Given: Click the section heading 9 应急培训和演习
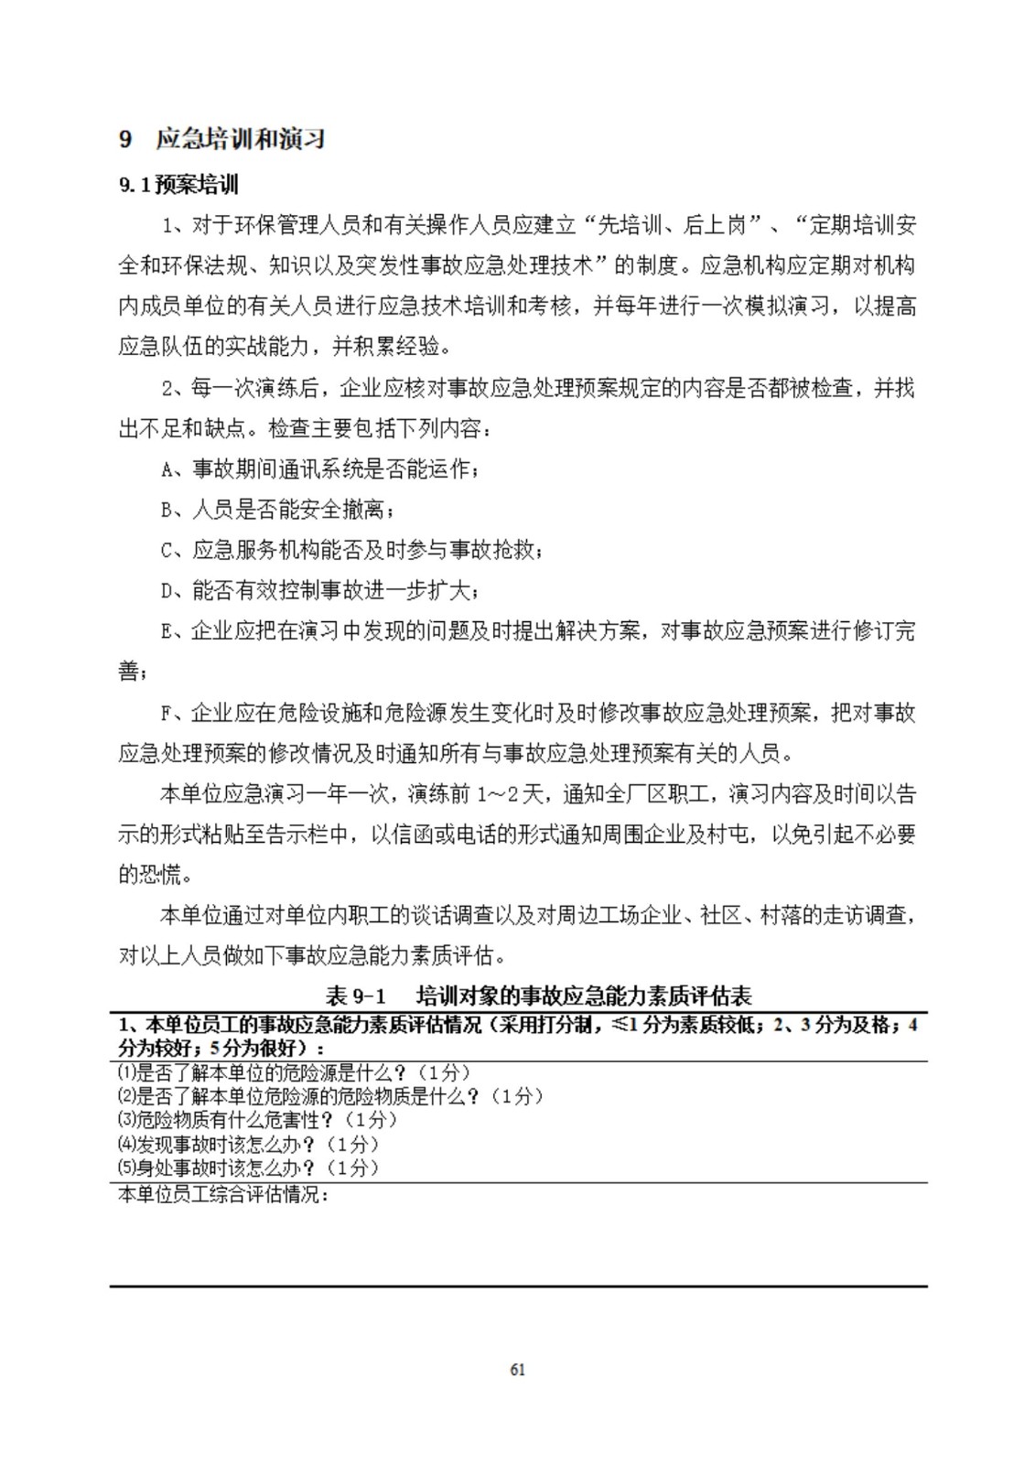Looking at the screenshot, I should click(222, 139).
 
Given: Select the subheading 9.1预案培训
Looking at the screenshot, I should click(178, 185).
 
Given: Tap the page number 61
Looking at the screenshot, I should click(517, 1370).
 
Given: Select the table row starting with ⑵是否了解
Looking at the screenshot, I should click(330, 1096).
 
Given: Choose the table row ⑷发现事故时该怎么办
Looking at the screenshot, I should click(248, 1144).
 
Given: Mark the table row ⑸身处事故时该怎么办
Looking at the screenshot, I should click(248, 1168).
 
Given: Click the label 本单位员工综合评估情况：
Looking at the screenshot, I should click(223, 1194).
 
